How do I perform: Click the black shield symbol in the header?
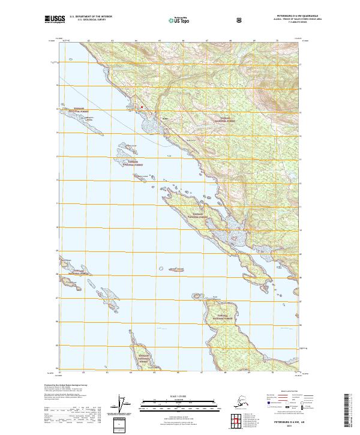[x=239, y=20]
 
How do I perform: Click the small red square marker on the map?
[x=142, y=107]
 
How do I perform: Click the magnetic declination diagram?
[x=124, y=403]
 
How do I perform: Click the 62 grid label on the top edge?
[x=88, y=41]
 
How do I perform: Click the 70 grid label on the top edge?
[x=277, y=41]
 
